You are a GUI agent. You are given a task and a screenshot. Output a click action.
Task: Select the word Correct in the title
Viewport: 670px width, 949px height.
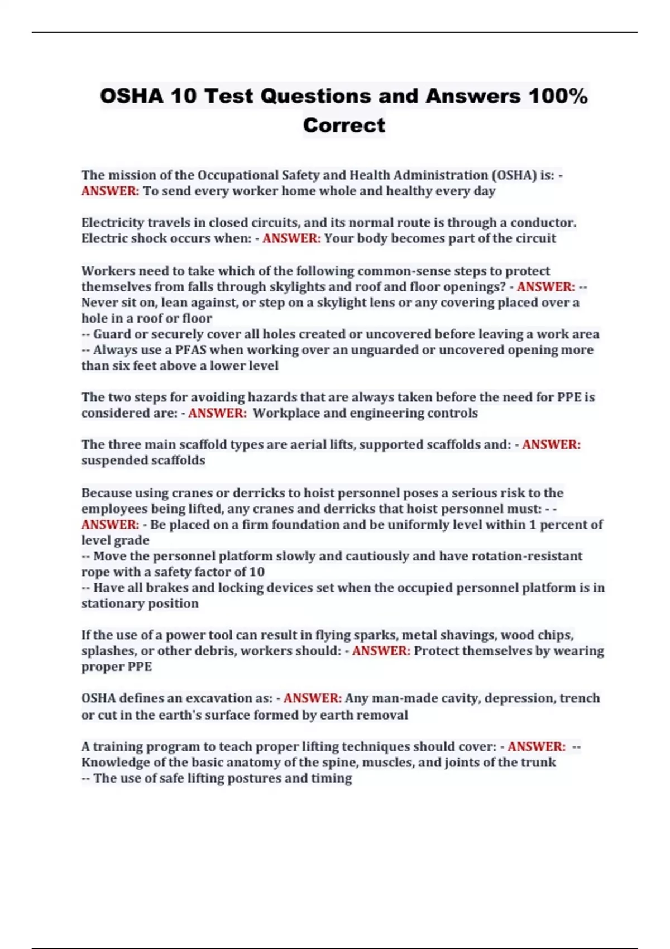coord(344,125)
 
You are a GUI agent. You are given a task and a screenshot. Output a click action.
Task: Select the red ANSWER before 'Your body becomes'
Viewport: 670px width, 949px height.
coord(291,238)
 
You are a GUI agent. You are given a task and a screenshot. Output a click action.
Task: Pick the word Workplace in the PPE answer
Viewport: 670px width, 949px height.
coord(286,413)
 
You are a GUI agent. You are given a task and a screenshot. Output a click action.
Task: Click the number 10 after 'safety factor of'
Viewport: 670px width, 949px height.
coord(257,572)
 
